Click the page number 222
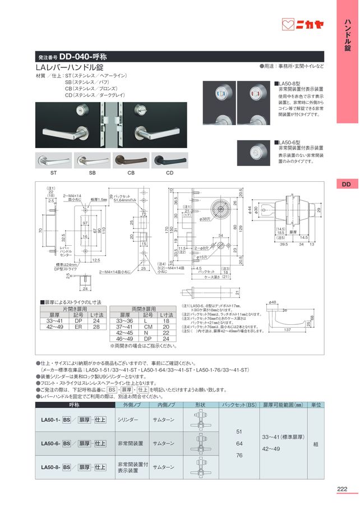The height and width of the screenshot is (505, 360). (x=343, y=488)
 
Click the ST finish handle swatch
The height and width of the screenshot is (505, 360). (x=53, y=161)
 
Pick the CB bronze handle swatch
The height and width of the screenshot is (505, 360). (x=131, y=161)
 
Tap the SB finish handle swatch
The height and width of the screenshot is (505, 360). (x=92, y=161)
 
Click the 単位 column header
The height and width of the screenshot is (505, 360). (x=316, y=404)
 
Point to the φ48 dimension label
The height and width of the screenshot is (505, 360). (x=273, y=302)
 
